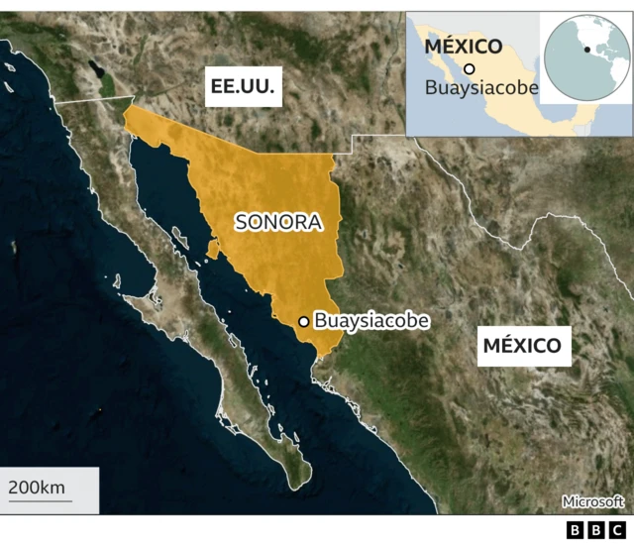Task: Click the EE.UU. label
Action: tap(242, 88)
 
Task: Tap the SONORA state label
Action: tap(278, 222)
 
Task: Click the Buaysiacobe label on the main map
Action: tap(371, 321)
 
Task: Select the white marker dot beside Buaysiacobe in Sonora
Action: tap(303, 321)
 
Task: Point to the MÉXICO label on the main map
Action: tap(522, 346)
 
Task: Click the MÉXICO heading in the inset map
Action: tap(464, 47)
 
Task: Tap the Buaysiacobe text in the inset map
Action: tap(481, 87)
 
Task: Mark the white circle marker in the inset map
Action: tap(470, 68)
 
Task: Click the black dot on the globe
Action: tap(587, 49)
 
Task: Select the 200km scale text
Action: tap(37, 487)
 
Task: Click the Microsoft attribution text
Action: tap(592, 501)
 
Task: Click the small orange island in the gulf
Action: tap(213, 249)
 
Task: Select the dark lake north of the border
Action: tap(96, 71)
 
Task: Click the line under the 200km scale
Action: tap(40, 500)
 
